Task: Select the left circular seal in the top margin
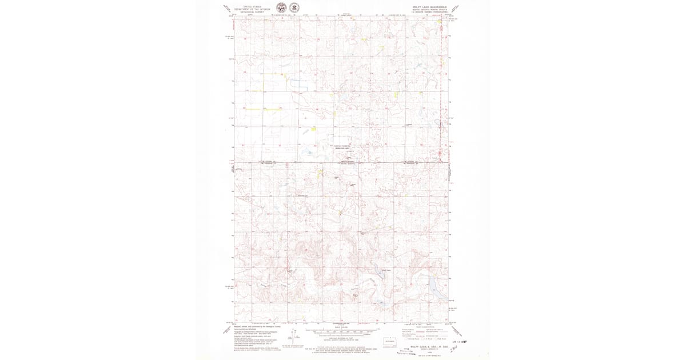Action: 281,7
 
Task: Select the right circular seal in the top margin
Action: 294,7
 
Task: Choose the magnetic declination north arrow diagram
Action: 295,337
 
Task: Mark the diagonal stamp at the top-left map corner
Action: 228,9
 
